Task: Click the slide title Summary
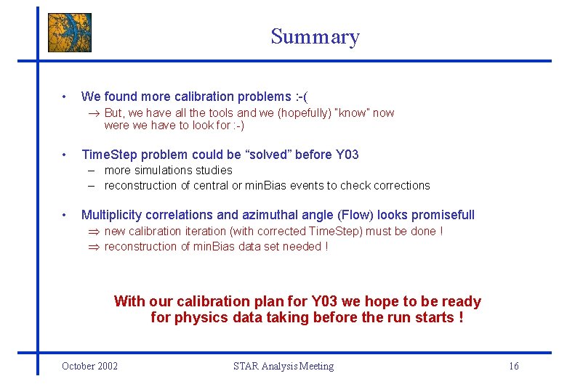coord(315,37)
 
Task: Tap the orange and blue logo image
coord(70,33)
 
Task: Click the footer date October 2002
coord(90,366)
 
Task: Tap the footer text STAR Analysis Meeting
coord(283,366)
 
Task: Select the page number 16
coord(513,366)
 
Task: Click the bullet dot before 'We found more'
coord(65,97)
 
